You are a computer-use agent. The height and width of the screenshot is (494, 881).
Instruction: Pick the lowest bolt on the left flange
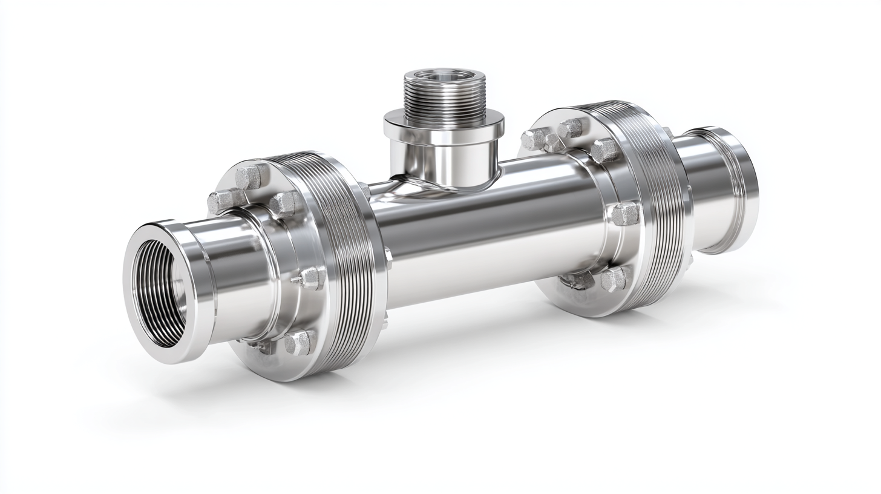click(298, 343)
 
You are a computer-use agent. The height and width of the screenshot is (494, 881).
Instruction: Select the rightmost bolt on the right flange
click(624, 213)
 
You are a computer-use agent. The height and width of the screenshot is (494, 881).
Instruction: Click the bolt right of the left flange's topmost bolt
click(283, 203)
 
